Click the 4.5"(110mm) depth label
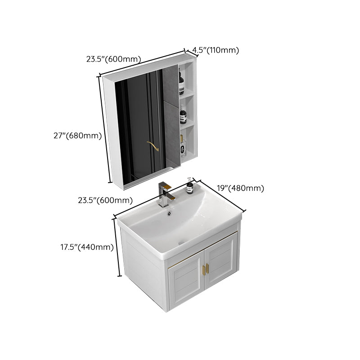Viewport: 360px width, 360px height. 215,50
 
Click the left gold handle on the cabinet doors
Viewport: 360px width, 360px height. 202,270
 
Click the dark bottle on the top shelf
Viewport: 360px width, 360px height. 182,84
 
